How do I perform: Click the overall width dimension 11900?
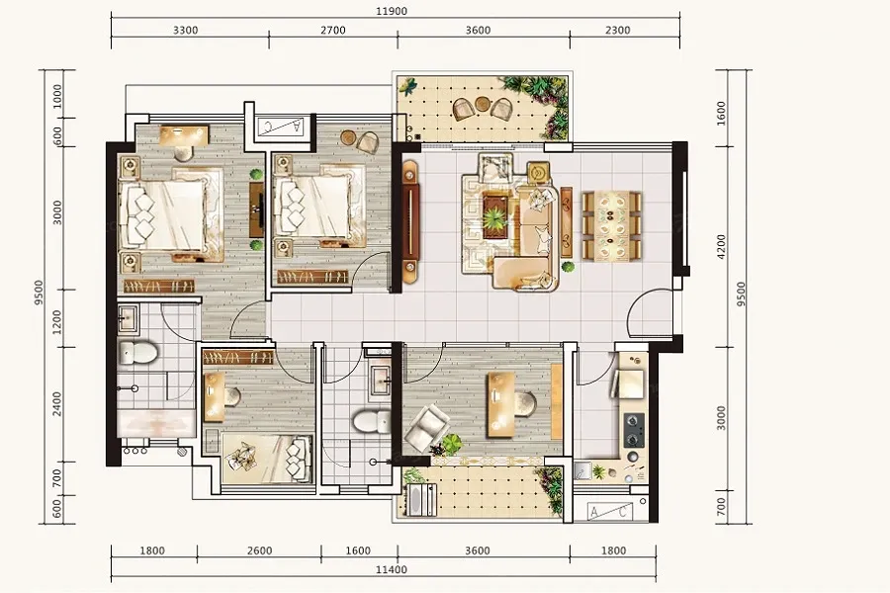coord(393,11)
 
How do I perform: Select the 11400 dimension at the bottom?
coord(392,569)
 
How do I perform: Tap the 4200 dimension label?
coord(722,247)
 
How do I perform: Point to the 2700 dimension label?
coord(333,30)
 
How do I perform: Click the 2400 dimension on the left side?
coord(56,403)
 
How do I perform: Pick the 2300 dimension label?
coord(617,30)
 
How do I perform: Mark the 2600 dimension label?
coord(259,551)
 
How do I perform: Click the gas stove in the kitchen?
coord(634,430)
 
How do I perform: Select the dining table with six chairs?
coord(612,226)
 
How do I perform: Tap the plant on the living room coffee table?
coord(495,216)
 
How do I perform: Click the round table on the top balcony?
coord(482,104)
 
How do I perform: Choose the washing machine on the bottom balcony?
coord(422,500)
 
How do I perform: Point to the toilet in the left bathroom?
coord(136,353)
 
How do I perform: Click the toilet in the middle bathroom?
coord(371,421)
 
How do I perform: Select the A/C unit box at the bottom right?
coord(609,512)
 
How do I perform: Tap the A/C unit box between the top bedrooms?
coord(281,127)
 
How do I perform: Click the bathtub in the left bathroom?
coord(156,423)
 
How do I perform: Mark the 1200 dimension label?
coord(56,322)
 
